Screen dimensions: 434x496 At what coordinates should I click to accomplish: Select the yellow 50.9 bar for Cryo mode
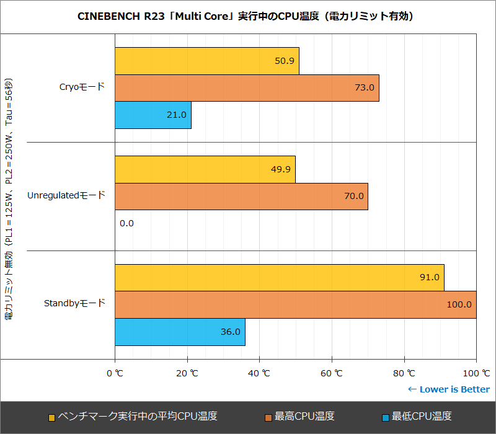click(207, 61)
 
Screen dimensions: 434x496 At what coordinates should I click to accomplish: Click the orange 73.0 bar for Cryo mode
click(247, 88)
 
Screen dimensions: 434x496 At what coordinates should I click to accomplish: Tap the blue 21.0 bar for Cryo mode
click(153, 115)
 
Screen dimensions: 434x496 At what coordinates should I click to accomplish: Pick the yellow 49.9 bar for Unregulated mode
click(205, 169)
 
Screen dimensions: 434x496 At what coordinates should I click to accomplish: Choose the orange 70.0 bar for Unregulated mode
click(241, 197)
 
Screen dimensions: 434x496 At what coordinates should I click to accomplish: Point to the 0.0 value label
click(126, 223)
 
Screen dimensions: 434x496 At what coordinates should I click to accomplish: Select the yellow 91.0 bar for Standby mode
click(279, 278)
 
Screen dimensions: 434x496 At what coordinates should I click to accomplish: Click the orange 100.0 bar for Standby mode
click(295, 304)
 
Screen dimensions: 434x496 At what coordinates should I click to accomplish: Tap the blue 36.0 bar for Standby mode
click(180, 332)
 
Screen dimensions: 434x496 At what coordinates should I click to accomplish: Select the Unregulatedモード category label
click(66, 196)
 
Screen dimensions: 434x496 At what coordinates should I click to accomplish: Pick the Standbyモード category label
click(74, 304)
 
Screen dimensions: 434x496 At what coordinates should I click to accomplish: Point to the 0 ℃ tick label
click(115, 373)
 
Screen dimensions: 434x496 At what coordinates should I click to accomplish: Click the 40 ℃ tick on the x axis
click(260, 373)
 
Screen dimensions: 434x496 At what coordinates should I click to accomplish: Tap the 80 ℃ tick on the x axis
click(404, 373)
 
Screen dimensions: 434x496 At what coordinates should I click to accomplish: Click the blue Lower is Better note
click(448, 389)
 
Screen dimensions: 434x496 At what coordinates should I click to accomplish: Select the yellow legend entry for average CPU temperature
click(133, 416)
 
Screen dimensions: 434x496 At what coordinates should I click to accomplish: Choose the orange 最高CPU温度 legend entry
click(299, 416)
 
